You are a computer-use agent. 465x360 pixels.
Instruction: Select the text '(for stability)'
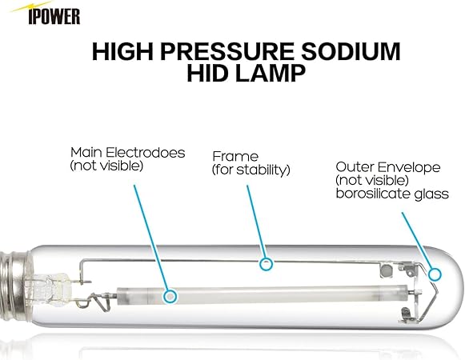[251, 170]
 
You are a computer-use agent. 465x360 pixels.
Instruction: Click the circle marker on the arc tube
[169, 296]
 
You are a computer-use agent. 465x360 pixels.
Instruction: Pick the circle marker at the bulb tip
[435, 274]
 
